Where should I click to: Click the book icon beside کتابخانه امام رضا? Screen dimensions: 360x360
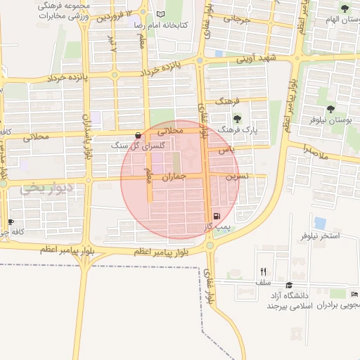pos(161,15)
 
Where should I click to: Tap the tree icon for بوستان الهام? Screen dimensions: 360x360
pos(344,9)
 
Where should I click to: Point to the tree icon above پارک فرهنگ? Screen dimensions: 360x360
pos(238,119)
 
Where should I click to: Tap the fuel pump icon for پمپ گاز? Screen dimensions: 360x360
pos(215,216)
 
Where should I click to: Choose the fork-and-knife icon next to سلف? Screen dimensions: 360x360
pos(263,271)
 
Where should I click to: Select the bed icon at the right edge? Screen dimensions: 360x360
pos(354,294)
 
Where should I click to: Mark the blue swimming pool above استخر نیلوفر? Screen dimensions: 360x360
pos(320,223)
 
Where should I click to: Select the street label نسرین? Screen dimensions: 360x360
pos(236,176)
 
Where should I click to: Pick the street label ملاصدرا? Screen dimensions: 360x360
pos(316,150)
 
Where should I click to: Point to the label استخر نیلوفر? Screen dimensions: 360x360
pos(320,236)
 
